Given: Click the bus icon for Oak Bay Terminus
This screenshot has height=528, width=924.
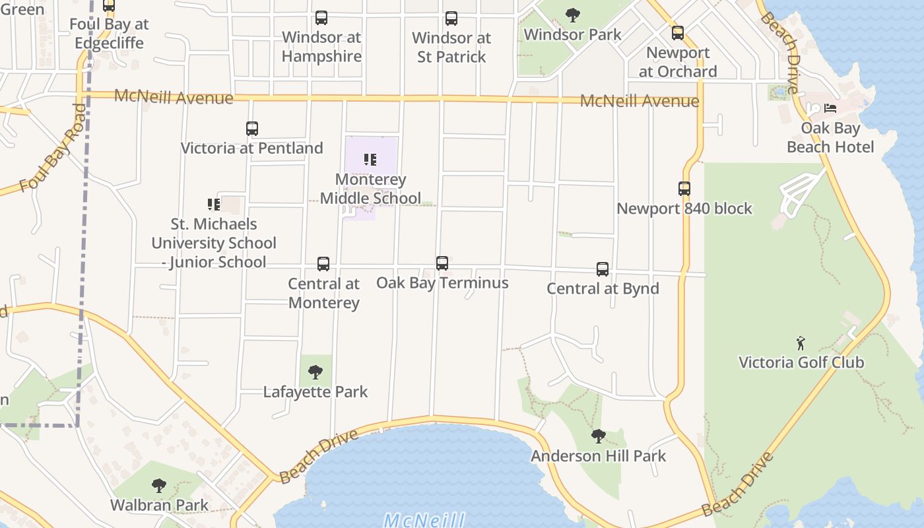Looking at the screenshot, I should click(x=442, y=263).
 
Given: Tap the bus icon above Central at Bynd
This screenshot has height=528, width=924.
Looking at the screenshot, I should click(x=603, y=269).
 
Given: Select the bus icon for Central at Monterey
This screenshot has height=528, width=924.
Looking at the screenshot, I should click(x=323, y=264).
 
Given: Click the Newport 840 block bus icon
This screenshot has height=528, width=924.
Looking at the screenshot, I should click(x=684, y=189).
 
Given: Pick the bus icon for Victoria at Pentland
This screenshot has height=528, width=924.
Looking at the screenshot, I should click(x=252, y=129).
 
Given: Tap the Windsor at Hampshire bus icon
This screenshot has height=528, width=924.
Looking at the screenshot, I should click(x=321, y=18).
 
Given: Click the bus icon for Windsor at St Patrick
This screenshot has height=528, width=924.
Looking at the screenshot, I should click(x=451, y=18).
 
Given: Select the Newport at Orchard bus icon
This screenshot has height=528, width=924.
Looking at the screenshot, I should click(x=678, y=33).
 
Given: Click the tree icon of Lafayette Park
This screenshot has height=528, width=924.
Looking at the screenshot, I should click(x=315, y=372).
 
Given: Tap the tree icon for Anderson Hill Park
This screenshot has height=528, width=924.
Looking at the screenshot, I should click(x=599, y=436).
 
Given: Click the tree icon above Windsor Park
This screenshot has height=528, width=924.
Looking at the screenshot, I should click(x=573, y=15).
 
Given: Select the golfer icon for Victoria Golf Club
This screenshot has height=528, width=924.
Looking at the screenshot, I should click(x=801, y=343).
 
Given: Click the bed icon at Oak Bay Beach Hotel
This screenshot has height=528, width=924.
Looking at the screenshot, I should click(x=830, y=108).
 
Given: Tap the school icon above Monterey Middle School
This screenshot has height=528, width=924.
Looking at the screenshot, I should click(x=370, y=160).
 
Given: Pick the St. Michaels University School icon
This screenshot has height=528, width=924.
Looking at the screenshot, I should click(x=213, y=205).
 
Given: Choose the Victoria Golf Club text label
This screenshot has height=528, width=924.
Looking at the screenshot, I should click(x=801, y=362).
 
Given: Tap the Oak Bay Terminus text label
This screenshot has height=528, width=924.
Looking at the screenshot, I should click(x=442, y=282).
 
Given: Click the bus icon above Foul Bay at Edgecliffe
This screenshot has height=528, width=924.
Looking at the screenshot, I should click(x=109, y=6).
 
